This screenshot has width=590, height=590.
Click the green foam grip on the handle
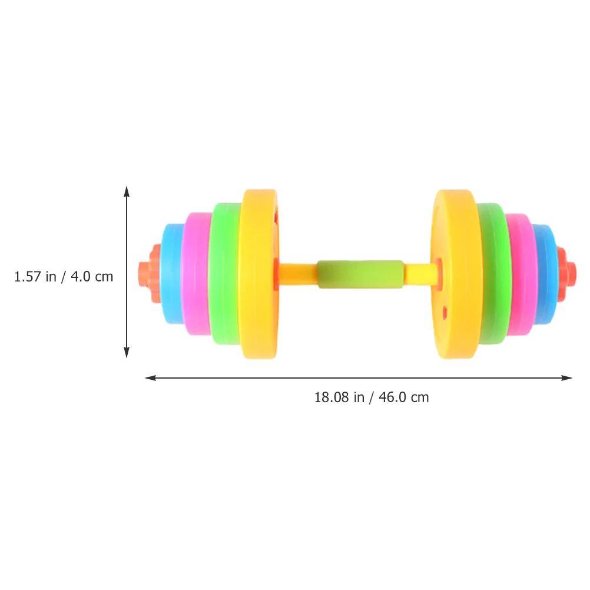click(360, 274)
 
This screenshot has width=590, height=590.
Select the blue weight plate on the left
click(171, 274)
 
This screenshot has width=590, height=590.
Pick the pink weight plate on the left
click(195, 274)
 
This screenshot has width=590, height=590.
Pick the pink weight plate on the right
click(519, 274)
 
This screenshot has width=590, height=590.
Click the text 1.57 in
click(35, 276)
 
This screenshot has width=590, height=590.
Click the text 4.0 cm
click(92, 276)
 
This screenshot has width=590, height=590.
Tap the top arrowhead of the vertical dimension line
click(126, 190)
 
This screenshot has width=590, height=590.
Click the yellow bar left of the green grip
click(298, 273)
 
